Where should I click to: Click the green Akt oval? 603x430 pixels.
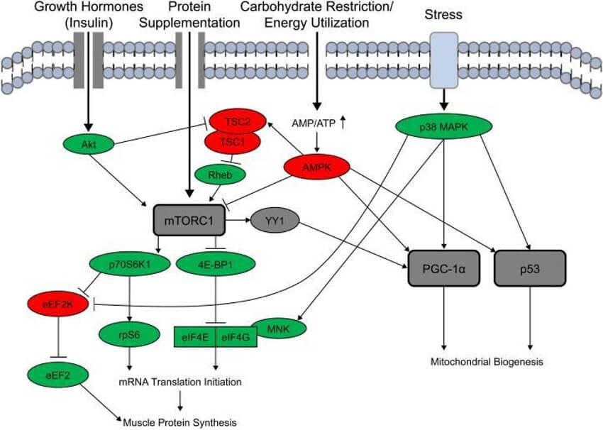click(x=89, y=142)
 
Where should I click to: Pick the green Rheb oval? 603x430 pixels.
click(x=216, y=173)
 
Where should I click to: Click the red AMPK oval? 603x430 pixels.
click(x=317, y=167)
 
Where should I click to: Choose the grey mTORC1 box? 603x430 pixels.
click(x=189, y=221)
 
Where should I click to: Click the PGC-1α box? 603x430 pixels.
click(x=443, y=268)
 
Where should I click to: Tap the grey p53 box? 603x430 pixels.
click(x=531, y=268)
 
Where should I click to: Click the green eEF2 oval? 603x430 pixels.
click(x=54, y=372)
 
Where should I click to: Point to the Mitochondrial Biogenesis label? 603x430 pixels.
click(x=487, y=362)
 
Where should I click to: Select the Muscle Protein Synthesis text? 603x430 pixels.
click(x=179, y=422)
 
